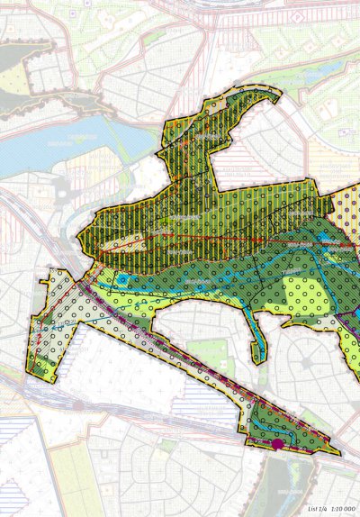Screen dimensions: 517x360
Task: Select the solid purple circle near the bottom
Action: [278, 444]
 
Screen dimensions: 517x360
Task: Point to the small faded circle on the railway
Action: [80, 405]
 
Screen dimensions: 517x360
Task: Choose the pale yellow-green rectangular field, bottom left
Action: [45, 468]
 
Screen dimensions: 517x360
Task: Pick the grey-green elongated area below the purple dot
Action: [274, 486]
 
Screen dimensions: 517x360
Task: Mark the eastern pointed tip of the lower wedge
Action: [338, 451]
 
